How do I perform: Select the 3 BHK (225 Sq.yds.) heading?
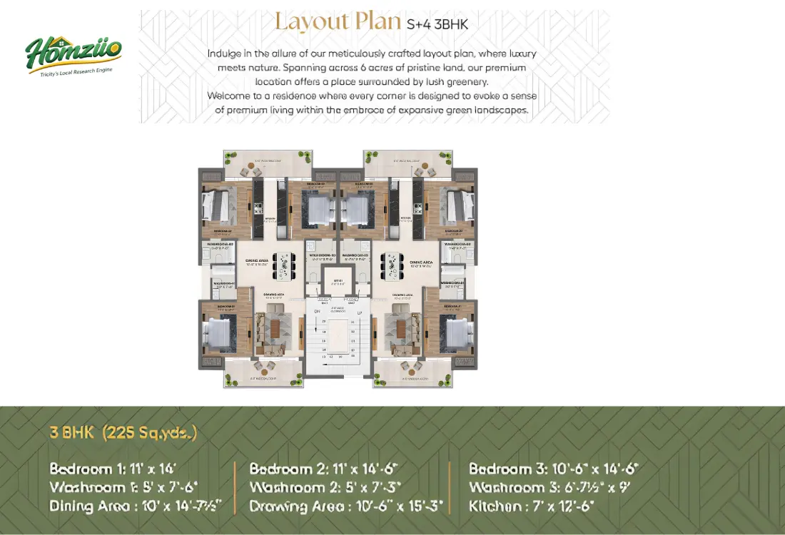[x=123, y=432]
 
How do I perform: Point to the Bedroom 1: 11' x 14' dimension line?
[x=113, y=469]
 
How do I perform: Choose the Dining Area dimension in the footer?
[x=136, y=506]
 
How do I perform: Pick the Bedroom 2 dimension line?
[x=323, y=469]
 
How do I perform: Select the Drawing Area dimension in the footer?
[x=346, y=506]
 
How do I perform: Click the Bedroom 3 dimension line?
[x=553, y=469]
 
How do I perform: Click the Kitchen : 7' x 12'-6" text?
[x=532, y=506]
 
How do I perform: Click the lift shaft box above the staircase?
[x=338, y=282]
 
